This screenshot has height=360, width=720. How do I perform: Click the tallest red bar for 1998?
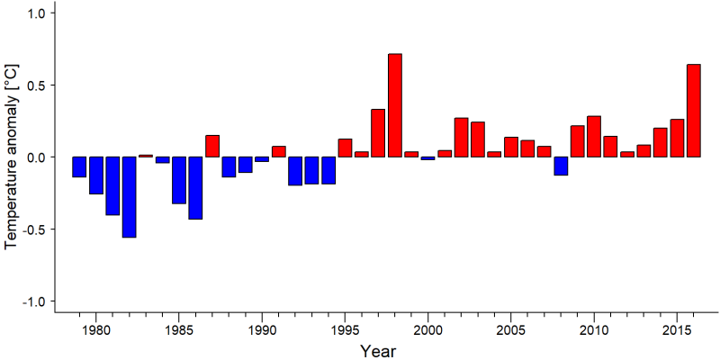[395, 105]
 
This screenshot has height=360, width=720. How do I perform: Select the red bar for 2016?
[694, 111]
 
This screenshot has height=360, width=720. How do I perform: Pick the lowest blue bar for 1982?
[129, 197]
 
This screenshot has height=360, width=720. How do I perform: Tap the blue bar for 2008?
[561, 166]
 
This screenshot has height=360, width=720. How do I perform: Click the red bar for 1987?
[212, 146]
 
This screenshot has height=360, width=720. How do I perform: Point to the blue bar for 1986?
[195, 188]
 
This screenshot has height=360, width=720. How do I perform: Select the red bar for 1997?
[378, 133]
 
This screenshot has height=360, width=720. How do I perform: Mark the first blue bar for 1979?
[79, 166]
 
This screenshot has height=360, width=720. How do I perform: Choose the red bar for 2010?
[594, 137]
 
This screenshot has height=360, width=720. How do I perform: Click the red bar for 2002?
[461, 138]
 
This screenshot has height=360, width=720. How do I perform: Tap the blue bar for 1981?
[112, 186]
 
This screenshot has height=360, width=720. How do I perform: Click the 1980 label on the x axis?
[95, 331]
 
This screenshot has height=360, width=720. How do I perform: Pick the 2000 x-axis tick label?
[428, 331]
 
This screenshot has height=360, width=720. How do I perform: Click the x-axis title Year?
[377, 351]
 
